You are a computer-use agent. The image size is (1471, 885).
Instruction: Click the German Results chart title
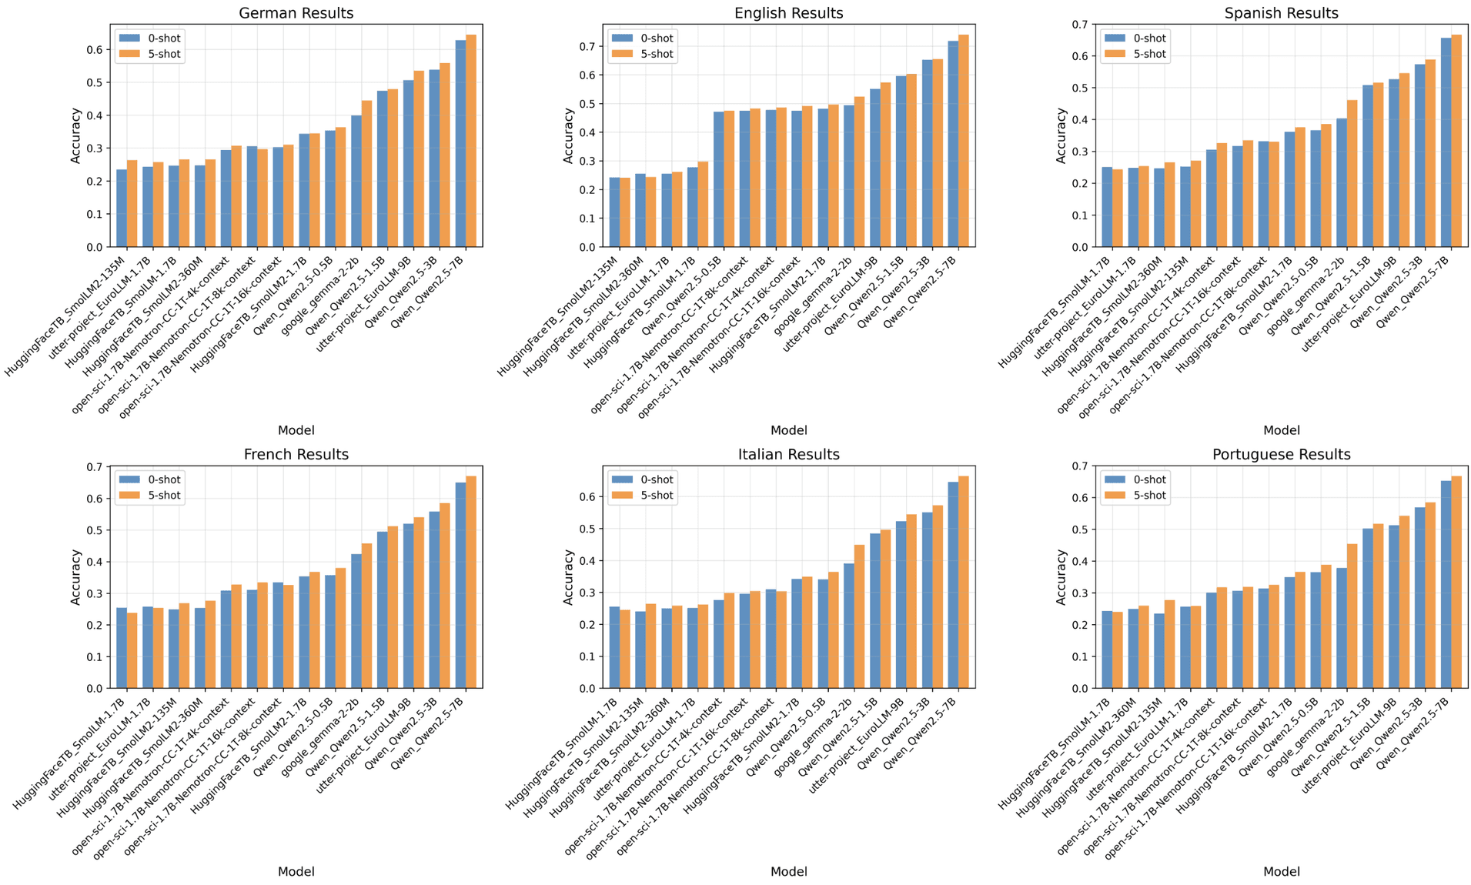tap(296, 13)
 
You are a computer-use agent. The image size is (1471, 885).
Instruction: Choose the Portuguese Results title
tap(1281, 454)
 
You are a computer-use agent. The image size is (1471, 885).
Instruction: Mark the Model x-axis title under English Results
tap(788, 430)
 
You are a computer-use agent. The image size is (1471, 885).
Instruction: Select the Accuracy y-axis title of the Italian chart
tap(568, 576)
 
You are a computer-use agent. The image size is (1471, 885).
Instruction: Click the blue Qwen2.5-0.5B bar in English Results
tap(718, 179)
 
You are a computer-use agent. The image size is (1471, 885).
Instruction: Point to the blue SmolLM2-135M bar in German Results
tap(122, 208)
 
